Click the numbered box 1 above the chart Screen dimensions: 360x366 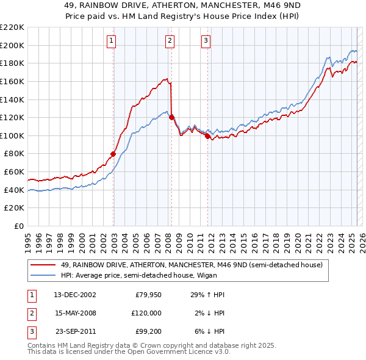pyautogui.click(x=112, y=41)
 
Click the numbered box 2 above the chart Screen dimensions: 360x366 pyautogui.click(x=169, y=41)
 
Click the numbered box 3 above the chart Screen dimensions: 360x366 pyautogui.click(x=206, y=41)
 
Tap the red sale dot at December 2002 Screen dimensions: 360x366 pyautogui.click(x=113, y=154)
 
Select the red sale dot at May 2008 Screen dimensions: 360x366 pyautogui.click(x=171, y=117)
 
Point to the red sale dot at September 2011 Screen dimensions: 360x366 pyautogui.click(x=207, y=136)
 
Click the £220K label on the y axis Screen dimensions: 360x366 pyautogui.click(x=12, y=27)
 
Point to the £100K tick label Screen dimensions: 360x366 pyautogui.click(x=12, y=135)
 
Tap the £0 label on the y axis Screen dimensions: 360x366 pyautogui.click(x=18, y=226)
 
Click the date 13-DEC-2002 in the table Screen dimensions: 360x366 pyautogui.click(x=75, y=295)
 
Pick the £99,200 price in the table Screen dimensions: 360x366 pyautogui.click(x=147, y=331)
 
